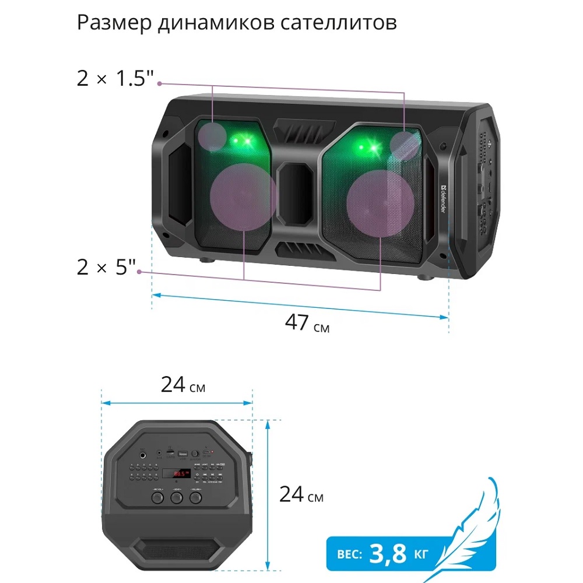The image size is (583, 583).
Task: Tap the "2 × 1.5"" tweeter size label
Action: [x=116, y=79]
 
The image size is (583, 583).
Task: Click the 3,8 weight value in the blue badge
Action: [x=388, y=552]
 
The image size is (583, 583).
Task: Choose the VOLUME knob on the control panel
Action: [x=194, y=497]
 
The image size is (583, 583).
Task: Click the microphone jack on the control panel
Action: [x=142, y=454]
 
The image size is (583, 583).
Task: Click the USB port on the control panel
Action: [x=183, y=454]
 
